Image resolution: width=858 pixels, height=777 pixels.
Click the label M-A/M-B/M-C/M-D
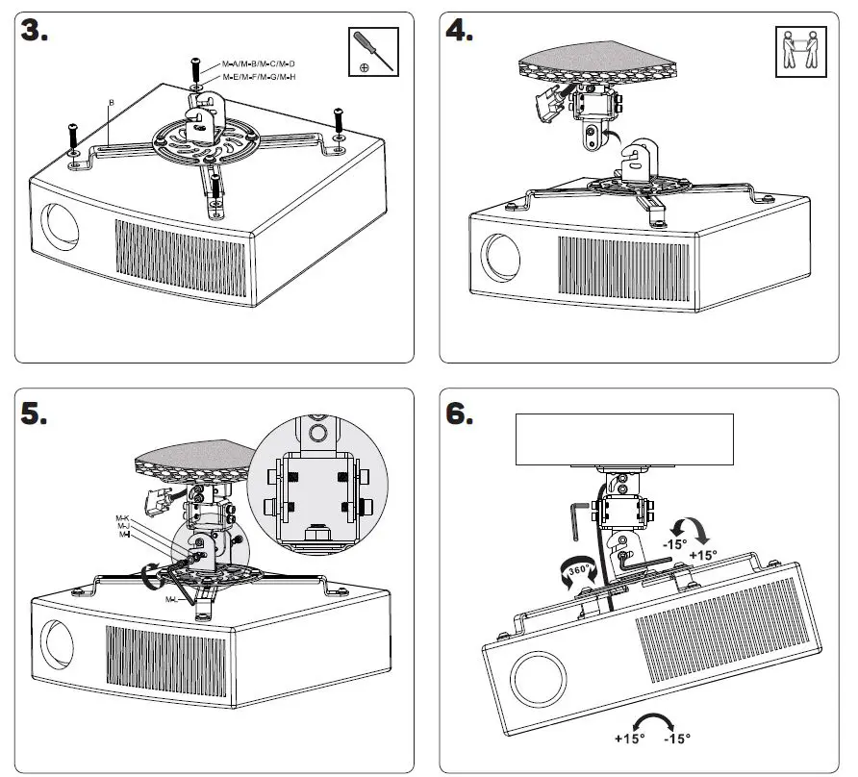pyautogui.click(x=259, y=63)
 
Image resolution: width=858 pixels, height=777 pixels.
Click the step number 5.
pyautogui.click(x=37, y=415)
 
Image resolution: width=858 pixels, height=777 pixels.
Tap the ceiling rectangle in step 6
pyautogui.click(x=624, y=439)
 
